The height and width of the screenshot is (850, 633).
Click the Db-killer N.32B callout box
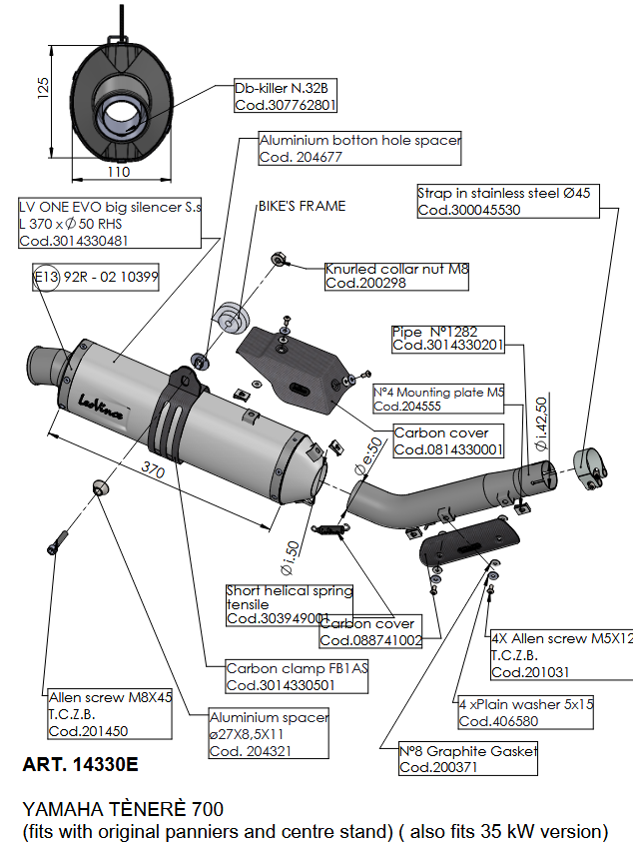(286, 96)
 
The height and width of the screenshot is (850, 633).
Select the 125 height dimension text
(42, 91)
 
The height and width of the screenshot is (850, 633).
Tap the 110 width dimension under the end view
(119, 172)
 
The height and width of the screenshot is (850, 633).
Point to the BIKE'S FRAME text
(302, 206)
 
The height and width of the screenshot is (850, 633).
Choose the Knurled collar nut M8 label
(396, 277)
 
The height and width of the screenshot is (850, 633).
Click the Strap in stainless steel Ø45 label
(507, 200)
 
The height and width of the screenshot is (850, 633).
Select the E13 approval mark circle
(46, 278)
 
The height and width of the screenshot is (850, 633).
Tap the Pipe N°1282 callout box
(447, 338)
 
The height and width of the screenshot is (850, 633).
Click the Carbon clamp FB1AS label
(297, 677)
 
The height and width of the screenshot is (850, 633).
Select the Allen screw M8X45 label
(110, 713)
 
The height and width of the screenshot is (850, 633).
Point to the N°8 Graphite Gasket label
(467, 758)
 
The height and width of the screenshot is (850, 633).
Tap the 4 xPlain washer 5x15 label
(525, 712)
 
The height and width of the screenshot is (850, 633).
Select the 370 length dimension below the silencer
(153, 468)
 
